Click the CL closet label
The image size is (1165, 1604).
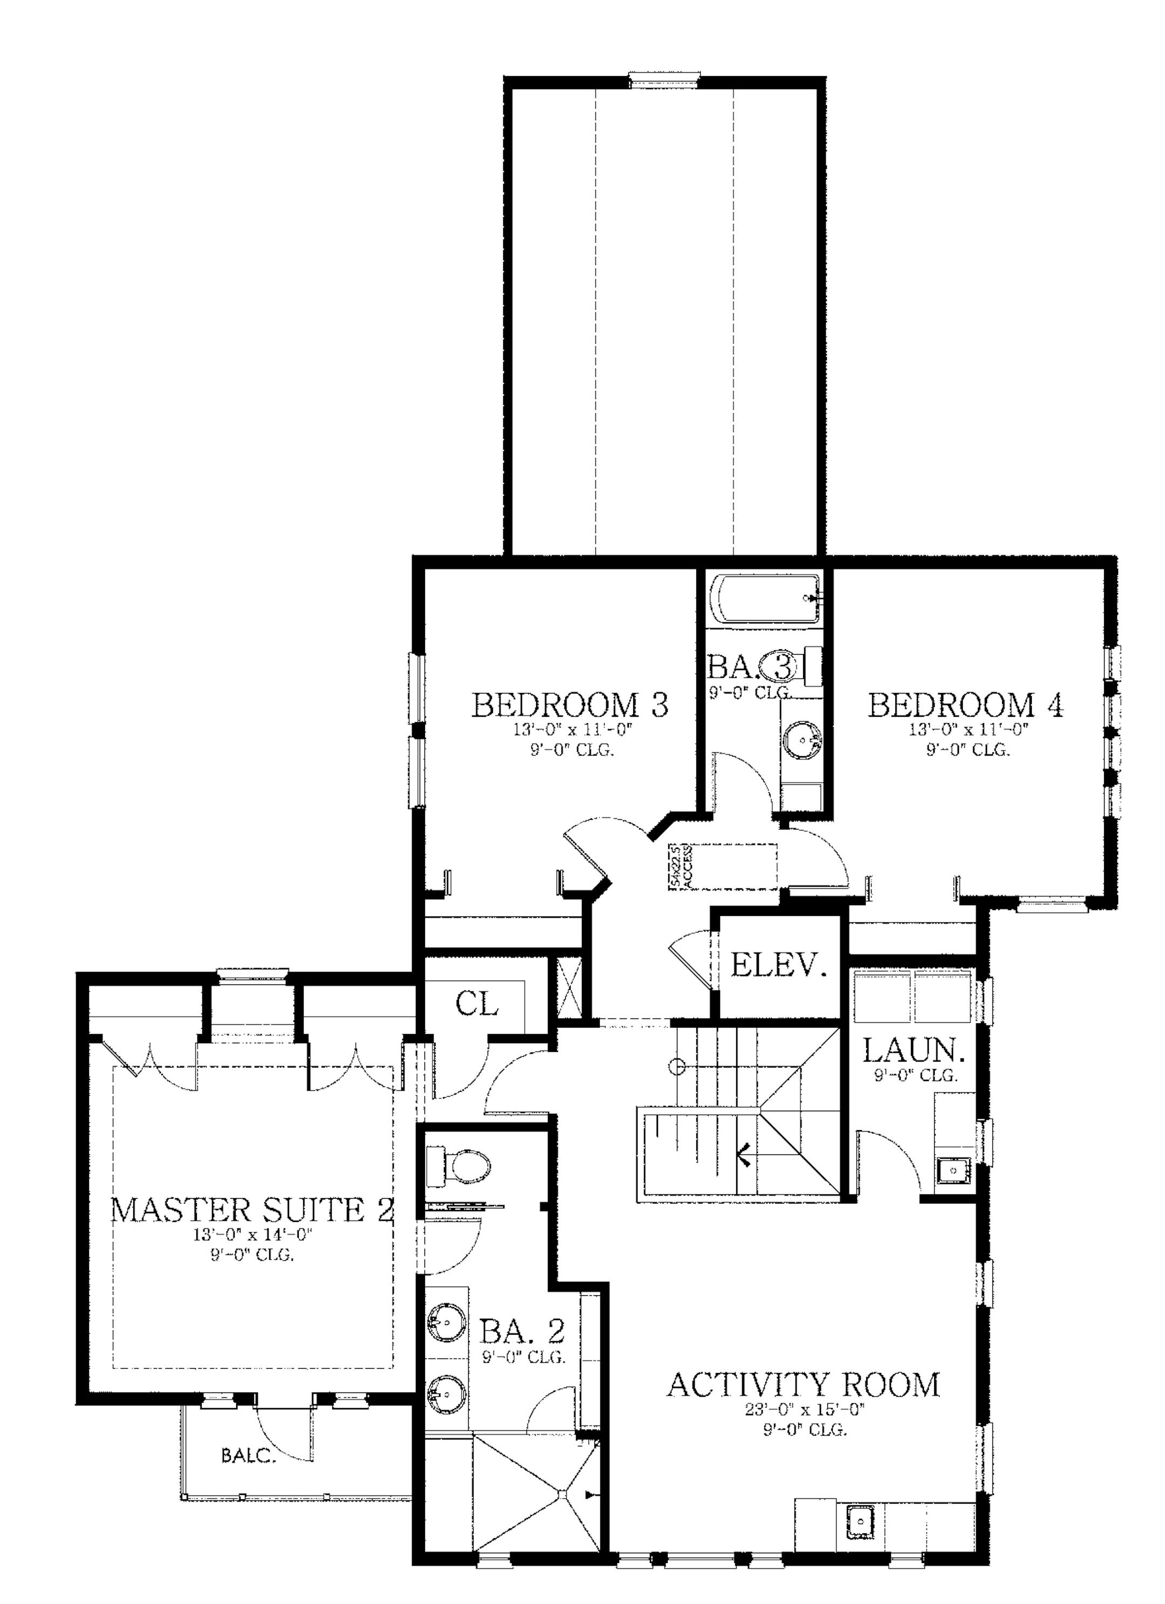click(x=477, y=1003)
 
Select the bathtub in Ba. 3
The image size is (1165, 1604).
click(x=765, y=599)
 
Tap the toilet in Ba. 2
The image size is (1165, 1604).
click(x=461, y=1168)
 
